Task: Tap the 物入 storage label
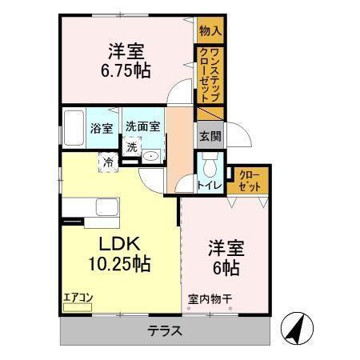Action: click(210, 30)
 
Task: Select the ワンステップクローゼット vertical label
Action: click(210, 74)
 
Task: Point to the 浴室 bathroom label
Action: click(102, 127)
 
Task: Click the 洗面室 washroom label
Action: click(143, 126)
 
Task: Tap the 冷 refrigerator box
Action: click(108, 162)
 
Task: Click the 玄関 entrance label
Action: click(210, 135)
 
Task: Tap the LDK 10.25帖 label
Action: click(120, 253)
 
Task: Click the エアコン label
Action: click(79, 298)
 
